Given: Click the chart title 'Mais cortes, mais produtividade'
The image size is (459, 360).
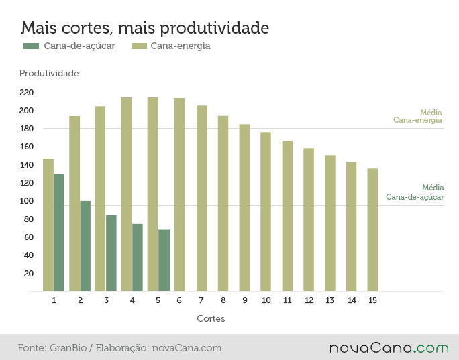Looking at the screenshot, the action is (145, 28).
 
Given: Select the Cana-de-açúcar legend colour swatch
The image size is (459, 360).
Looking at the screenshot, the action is (31, 46).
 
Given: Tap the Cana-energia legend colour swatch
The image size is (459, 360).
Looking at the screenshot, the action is (139, 46).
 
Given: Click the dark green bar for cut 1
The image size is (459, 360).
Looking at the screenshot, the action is (59, 233).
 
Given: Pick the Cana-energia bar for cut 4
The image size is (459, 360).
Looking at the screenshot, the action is (126, 194).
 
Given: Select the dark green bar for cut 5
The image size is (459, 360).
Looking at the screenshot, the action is (164, 260).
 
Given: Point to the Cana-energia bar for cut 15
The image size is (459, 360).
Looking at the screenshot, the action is (372, 230).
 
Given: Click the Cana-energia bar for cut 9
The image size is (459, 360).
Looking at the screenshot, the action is (244, 208).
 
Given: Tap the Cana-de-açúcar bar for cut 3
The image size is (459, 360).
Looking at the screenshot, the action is (111, 253).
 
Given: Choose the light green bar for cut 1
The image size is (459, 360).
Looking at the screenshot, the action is (48, 225).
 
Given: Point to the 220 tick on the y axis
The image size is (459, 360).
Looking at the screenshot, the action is (26, 93).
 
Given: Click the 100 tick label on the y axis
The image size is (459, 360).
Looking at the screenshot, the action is (26, 201).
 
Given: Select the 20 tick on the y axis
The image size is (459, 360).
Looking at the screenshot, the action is (29, 274).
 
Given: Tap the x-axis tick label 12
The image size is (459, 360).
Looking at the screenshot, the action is (309, 300).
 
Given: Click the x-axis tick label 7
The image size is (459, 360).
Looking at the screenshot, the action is (201, 300).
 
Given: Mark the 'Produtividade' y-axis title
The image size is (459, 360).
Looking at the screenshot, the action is (49, 73).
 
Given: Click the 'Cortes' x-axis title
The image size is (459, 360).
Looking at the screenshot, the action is (211, 318).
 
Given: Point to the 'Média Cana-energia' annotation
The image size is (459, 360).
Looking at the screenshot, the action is (417, 117).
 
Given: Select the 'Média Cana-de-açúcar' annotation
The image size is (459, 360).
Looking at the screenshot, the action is (415, 192).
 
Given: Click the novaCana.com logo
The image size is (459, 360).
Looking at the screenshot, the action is (389, 348).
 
